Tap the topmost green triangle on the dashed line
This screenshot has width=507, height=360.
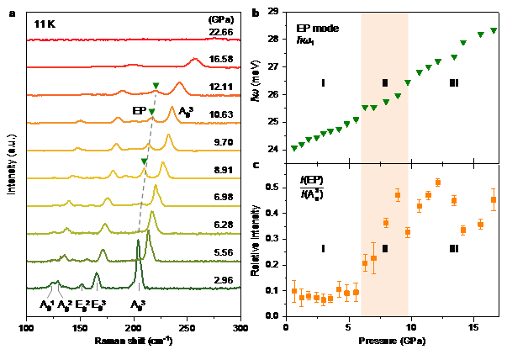(x=156, y=86)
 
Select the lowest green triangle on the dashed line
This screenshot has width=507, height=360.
(x=144, y=161)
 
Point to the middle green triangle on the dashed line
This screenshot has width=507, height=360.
(x=151, y=112)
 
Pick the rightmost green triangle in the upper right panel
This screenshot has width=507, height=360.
(x=494, y=31)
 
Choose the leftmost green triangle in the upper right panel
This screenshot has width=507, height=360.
(x=294, y=148)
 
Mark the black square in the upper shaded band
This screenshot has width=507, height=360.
(x=385, y=82)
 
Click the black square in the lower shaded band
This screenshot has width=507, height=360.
(x=385, y=248)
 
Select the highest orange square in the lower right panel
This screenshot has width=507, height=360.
(x=437, y=183)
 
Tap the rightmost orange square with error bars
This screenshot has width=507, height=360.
(x=494, y=199)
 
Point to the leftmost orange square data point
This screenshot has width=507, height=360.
(x=294, y=291)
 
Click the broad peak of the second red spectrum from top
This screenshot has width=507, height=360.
(x=195, y=60)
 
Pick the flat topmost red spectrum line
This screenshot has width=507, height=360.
(x=135, y=39)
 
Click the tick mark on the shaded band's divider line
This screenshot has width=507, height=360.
(x=381, y=163)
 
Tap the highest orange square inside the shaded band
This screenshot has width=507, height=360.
(x=398, y=195)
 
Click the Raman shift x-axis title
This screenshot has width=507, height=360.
(x=135, y=341)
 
